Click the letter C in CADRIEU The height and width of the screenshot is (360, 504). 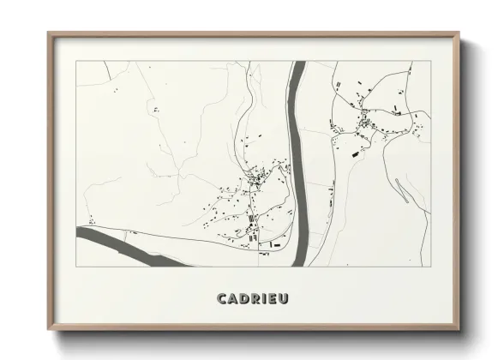223,298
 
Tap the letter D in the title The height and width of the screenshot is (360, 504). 246,298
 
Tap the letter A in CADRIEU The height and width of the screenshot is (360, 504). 234,298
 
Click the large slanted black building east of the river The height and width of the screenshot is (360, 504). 354,153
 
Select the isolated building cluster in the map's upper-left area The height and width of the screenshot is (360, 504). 156,109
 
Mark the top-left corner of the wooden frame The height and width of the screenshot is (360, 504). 49,33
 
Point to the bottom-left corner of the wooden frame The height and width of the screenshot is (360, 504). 49,329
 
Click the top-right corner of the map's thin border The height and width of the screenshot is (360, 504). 430,61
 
